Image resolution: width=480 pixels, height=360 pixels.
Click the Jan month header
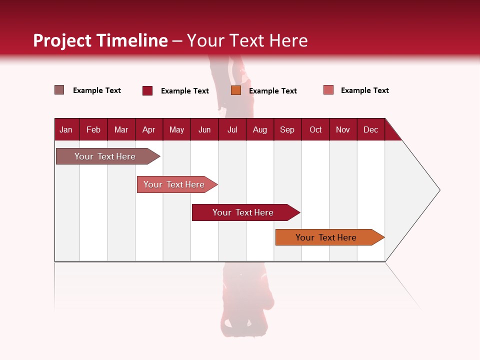(x=66, y=130)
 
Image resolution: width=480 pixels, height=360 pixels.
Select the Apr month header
(x=148, y=130)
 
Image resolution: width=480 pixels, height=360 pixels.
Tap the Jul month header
(x=232, y=130)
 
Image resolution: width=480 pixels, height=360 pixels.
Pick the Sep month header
(x=287, y=130)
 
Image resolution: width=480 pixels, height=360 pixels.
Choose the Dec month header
(x=370, y=130)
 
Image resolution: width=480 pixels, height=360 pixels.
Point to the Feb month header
(x=93, y=130)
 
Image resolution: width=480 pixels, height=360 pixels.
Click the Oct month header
(x=315, y=130)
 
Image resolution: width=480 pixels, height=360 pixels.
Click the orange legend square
(x=236, y=90)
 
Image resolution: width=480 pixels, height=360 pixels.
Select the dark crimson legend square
(x=147, y=90)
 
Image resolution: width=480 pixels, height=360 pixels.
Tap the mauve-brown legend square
(x=59, y=90)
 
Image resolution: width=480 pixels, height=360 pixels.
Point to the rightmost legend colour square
(x=328, y=90)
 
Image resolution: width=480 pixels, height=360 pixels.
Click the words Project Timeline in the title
(x=100, y=40)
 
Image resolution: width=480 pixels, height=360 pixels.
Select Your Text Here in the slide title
(x=247, y=40)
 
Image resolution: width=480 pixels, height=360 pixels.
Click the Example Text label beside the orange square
(x=272, y=91)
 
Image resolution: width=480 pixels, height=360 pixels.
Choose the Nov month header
(x=343, y=130)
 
